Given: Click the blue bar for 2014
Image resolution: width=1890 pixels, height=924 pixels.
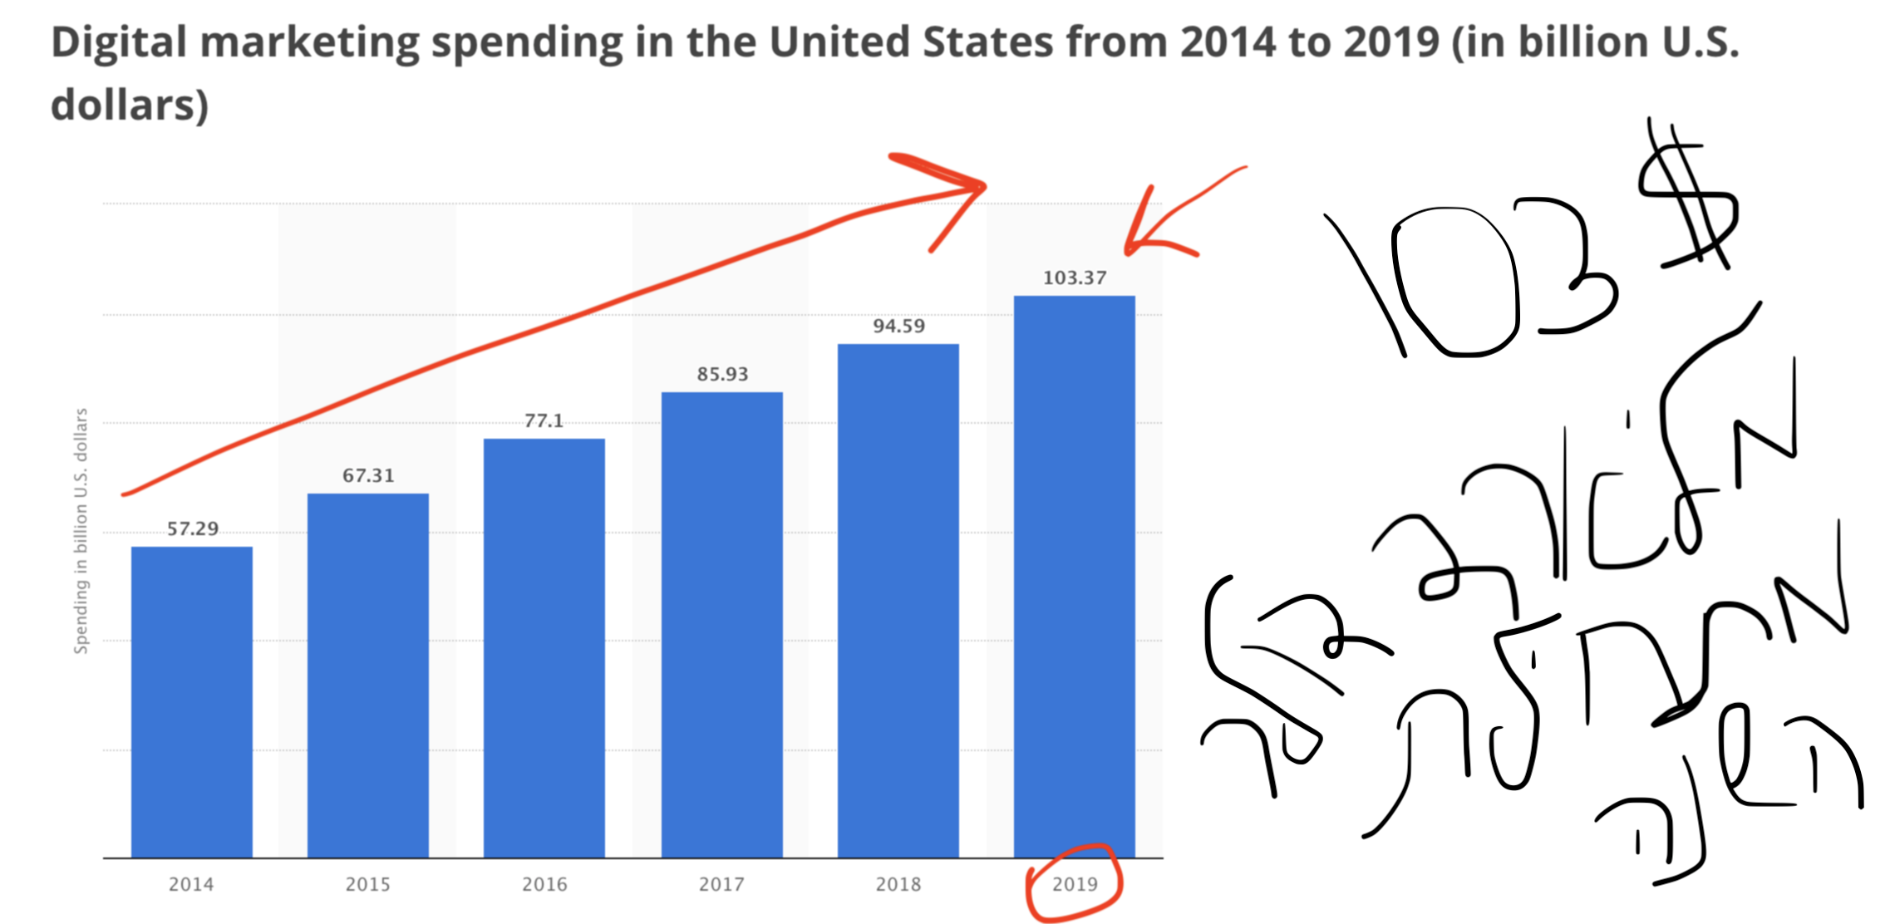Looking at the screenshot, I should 192,702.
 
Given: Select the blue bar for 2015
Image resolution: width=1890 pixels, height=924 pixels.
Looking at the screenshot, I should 368,676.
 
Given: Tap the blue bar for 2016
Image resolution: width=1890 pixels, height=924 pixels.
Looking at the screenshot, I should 544,648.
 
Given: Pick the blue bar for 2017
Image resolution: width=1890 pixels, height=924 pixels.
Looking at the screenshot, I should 722,625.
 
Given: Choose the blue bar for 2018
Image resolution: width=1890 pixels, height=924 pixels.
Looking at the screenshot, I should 898,601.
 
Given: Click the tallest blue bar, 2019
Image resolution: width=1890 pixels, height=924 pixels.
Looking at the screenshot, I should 1075,577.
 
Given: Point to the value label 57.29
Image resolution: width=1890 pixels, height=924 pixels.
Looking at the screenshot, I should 193,528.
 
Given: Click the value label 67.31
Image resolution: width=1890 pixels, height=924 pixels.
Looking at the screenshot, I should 368,475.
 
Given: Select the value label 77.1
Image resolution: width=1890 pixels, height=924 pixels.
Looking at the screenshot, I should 544,420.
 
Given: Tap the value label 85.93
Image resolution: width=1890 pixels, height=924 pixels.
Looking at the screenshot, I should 722,374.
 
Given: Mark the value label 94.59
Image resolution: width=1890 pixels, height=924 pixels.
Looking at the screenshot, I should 898,326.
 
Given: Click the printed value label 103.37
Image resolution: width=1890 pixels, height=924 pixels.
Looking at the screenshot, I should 1075,278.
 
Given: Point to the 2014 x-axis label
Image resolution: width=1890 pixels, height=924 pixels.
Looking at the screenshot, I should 191,884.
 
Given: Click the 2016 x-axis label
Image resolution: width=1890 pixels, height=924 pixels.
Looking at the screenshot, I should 544,884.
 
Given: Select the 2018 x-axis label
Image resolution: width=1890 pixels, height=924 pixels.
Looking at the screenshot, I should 898,884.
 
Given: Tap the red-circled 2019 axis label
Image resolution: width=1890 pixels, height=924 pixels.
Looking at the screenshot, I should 1075,884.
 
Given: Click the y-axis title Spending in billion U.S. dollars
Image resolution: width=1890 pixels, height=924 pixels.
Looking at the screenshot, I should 81,531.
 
